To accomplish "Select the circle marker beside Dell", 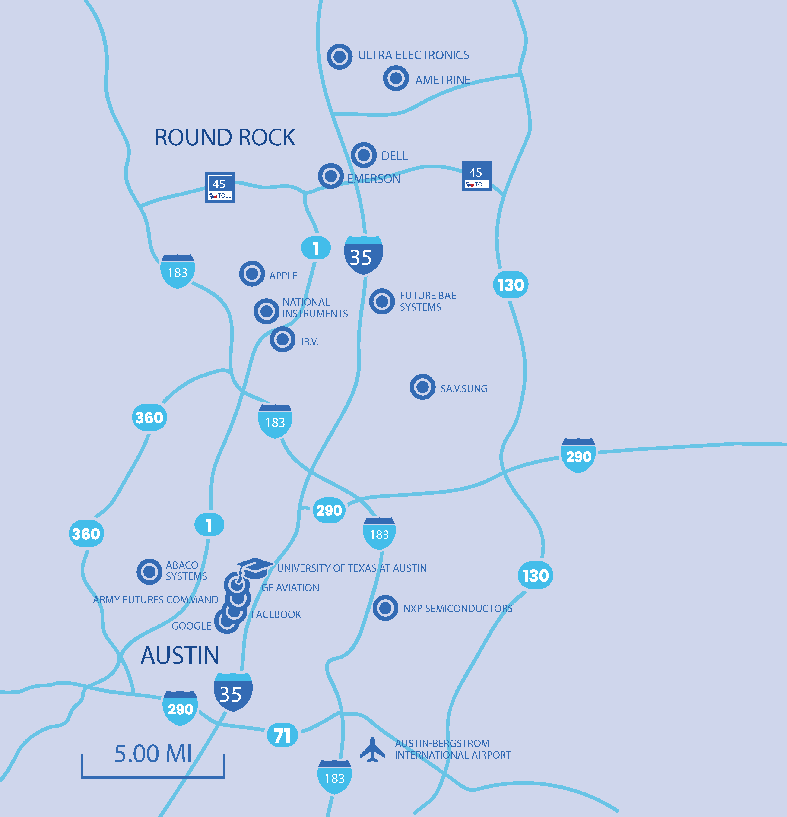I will [x=363, y=155].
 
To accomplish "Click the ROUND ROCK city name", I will [x=225, y=138].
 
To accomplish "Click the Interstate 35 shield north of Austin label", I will [x=363, y=255].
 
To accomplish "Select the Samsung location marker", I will [x=422, y=387].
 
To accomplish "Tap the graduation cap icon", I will [x=254, y=568].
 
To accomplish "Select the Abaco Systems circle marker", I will [x=149, y=571].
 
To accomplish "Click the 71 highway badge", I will [x=282, y=735].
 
